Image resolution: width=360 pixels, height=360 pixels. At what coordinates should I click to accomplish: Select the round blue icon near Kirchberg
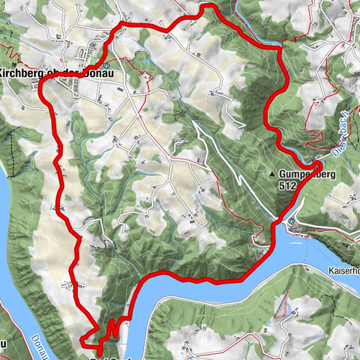coord(106,65)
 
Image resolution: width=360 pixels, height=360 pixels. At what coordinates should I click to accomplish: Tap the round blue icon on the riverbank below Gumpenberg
coord(288,221)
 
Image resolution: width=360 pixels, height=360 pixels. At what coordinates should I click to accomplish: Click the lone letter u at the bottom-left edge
coord(3,343)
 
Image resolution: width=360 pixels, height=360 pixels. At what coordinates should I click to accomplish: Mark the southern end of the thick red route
coord(98,349)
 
